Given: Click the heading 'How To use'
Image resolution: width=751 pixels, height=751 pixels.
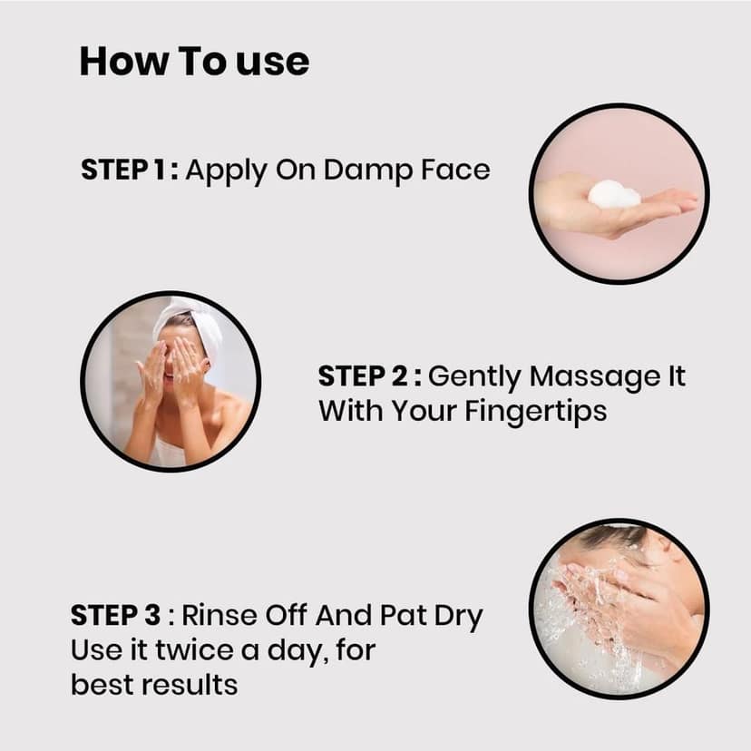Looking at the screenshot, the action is [194, 62].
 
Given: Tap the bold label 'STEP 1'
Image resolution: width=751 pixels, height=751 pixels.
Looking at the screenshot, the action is [123, 170].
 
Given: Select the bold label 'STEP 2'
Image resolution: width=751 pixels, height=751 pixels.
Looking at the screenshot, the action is [363, 376].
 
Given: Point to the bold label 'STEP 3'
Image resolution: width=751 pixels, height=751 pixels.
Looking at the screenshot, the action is [115, 615].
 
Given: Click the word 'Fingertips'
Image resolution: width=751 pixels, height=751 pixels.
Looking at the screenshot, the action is [535, 413].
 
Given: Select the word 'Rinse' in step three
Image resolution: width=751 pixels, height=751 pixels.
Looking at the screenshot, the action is [219, 615].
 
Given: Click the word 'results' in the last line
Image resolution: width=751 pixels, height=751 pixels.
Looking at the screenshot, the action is [194, 685].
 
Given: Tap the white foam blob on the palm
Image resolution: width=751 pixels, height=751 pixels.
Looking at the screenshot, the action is [614, 194].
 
